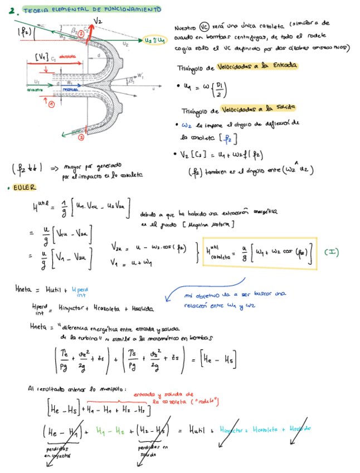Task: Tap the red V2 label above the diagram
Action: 98,21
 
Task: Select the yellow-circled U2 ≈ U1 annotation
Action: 154,40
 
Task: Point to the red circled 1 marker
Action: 51,104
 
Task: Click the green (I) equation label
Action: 332,252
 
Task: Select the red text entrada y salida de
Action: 163,394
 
